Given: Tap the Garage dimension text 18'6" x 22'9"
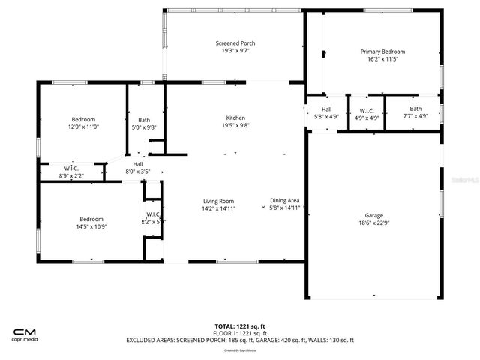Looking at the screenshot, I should tap(373, 223).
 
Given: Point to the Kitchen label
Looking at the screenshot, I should tap(235, 118).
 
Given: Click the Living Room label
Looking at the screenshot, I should tap(218, 201).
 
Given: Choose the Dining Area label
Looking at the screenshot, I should tap(285, 201).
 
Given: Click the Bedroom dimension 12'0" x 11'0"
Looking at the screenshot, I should tap(83, 127).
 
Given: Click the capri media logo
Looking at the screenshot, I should tap(25, 334).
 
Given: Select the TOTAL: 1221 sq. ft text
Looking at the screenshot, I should tap(239, 326).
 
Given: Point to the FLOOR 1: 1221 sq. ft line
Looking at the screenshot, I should tap(239, 333).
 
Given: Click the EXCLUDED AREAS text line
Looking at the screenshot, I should tap(239, 340).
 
